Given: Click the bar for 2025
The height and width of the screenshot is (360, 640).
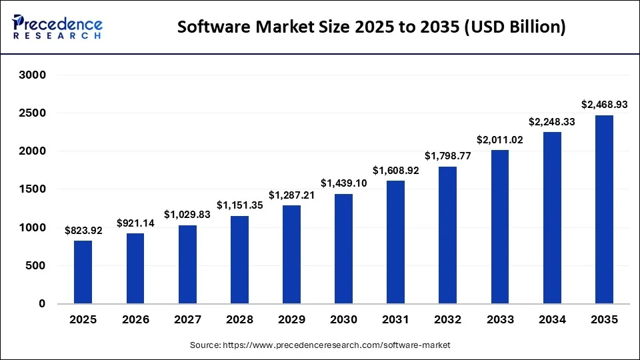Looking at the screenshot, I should click(83, 272).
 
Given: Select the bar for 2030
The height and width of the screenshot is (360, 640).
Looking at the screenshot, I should click(343, 249).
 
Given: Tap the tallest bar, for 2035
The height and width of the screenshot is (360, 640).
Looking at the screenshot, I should click(604, 209).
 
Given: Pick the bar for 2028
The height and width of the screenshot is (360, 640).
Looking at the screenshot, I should click(239, 259).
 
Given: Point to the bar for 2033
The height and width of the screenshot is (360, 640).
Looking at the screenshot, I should click(500, 227).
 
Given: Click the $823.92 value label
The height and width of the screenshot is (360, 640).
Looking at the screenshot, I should click(83, 231).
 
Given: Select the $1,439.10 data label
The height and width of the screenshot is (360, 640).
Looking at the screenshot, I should click(343, 183).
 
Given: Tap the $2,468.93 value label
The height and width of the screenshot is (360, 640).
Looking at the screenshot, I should click(604, 105).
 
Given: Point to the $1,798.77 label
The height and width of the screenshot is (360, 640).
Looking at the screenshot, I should click(447, 156).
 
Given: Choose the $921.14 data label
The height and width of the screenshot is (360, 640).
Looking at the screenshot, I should click(135, 223).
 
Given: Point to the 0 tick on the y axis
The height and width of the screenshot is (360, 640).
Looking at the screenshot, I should click(41, 304).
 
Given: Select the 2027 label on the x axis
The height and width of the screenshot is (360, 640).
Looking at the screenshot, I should click(187, 320).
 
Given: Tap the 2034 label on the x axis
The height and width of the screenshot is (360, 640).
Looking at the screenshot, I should click(552, 320).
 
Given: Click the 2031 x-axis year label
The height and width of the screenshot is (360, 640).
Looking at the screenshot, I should click(395, 320).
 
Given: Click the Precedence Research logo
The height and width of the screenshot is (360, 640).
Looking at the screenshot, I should click(57, 27).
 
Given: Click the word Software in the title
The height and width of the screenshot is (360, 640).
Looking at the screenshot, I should click(211, 27).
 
